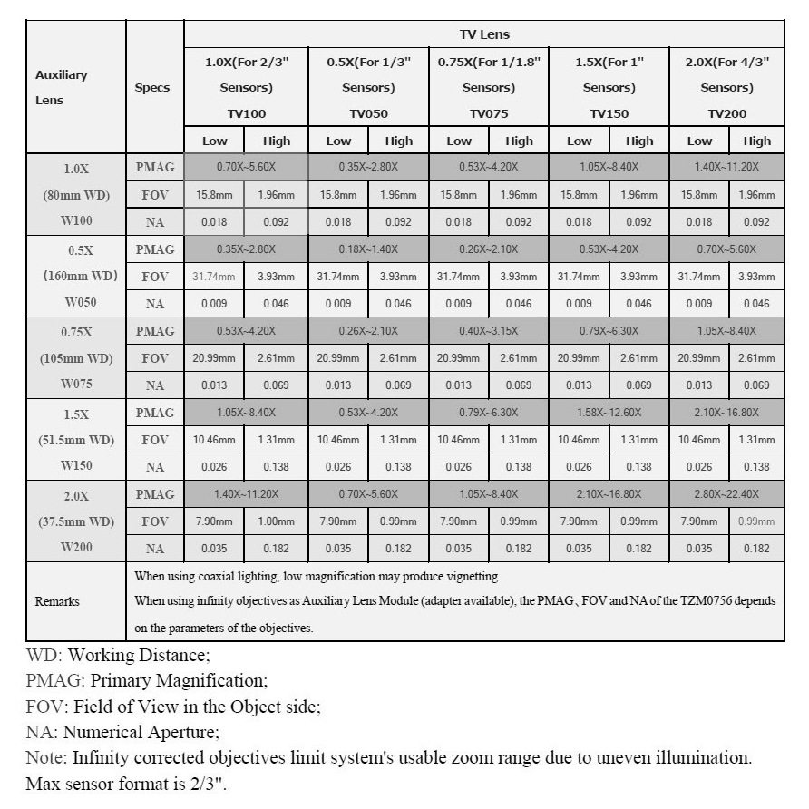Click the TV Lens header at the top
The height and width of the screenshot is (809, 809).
[483, 34]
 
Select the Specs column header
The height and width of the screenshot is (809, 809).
[152, 88]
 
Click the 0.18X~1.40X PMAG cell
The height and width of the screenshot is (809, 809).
[368, 249]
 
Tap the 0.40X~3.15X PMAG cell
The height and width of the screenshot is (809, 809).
[489, 331]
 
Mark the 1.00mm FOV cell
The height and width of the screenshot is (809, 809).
[277, 521]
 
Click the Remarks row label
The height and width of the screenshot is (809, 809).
[57, 601]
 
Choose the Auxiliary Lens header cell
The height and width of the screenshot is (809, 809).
[63, 88]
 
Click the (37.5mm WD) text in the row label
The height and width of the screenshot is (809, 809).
[76, 521]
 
